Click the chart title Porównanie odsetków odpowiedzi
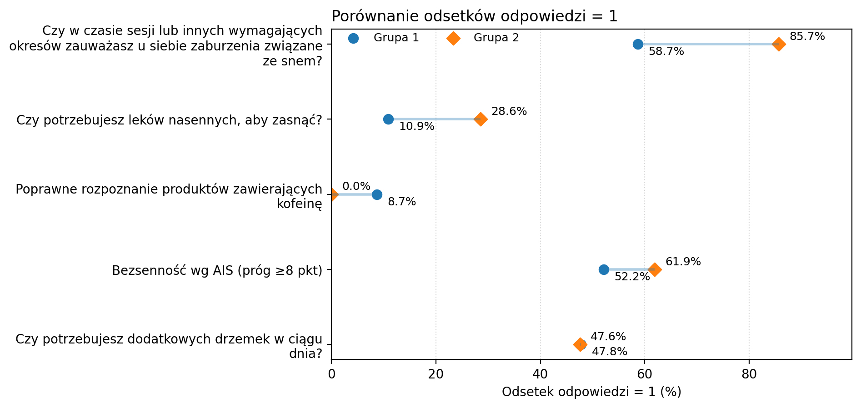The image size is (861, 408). pos(474,16)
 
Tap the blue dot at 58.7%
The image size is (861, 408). pos(638,44)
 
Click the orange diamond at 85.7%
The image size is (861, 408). pos(779,44)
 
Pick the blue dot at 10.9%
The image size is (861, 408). pos(388,119)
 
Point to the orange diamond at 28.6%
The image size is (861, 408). pos(481,119)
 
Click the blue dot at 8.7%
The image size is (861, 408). pos(377,194)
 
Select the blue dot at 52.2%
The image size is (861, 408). pos(604,269)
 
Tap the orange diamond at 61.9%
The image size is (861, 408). pos(655,269)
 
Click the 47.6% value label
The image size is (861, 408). pos(608,337)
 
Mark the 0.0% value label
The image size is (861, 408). pos(356,186)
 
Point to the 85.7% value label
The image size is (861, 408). pos(807,36)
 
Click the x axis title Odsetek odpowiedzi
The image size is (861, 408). pos(591,392)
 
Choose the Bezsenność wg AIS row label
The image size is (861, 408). pos(217,271)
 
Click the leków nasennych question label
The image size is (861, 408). pos(169,120)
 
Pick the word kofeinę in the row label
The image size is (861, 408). pos(299,204)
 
